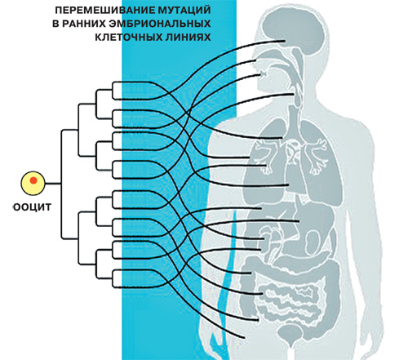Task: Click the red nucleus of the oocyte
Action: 33,180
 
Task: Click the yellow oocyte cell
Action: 33,183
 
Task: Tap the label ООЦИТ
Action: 32,207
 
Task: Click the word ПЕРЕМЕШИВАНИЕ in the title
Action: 102,11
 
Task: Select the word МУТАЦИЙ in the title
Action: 181,11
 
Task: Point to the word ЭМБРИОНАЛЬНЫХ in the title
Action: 160,24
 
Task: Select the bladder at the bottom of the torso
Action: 292,333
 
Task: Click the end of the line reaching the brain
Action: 284,41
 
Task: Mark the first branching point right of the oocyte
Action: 61,184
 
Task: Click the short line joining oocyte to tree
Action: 53,184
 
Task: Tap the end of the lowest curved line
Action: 244,338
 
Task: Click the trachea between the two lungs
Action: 293,120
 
